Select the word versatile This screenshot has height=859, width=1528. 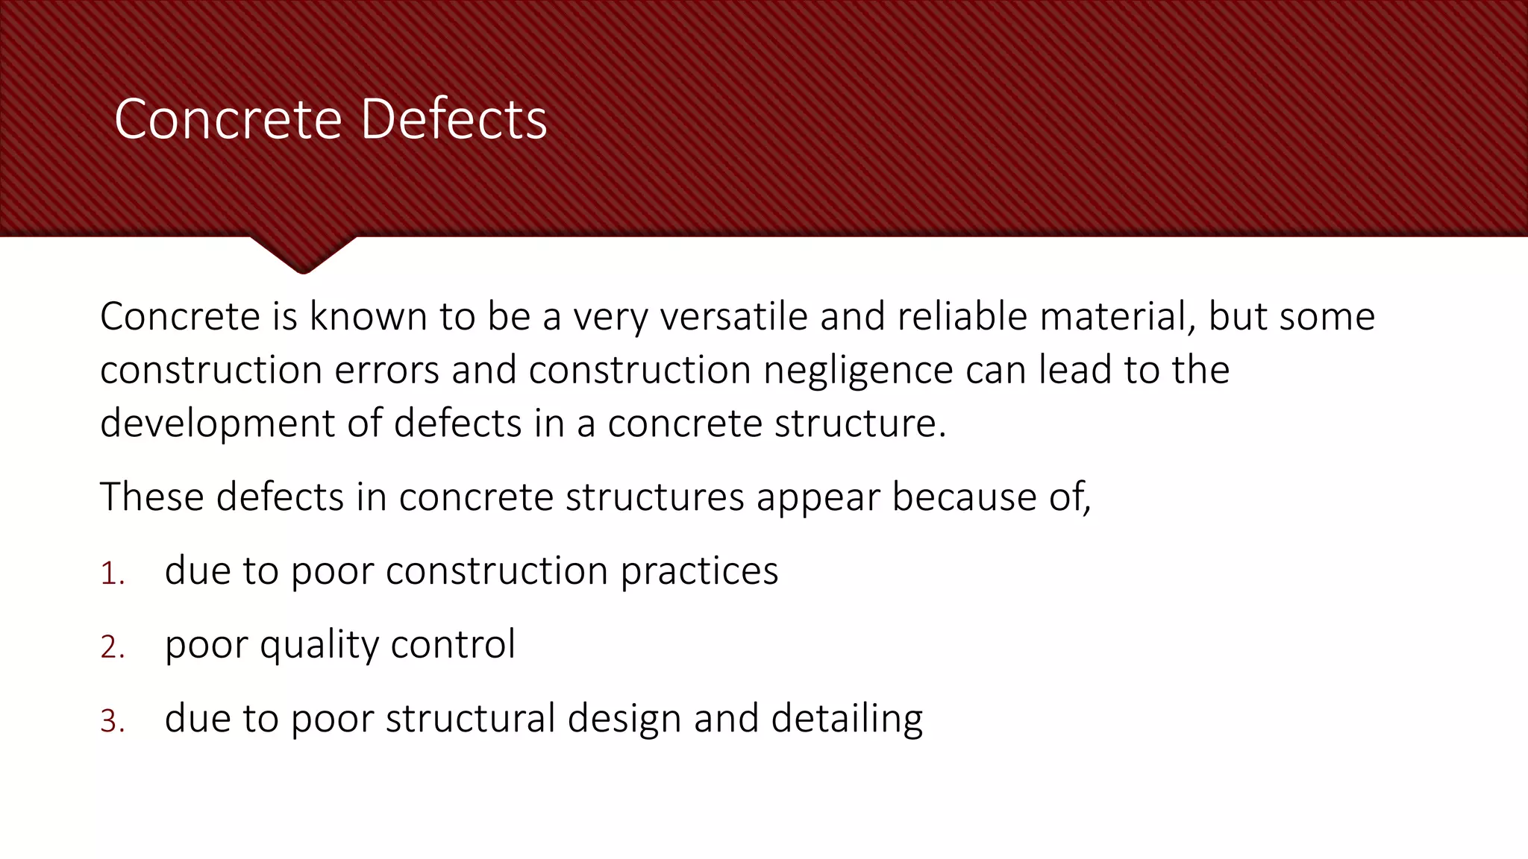click(x=734, y=316)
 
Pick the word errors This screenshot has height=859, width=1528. click(x=386, y=370)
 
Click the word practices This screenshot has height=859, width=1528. click(x=699, y=572)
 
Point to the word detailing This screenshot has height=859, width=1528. click(x=847, y=720)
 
